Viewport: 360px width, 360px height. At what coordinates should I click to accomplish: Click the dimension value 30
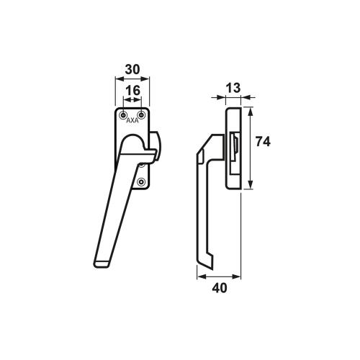[132, 69]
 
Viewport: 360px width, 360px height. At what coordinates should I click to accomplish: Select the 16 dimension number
[132, 90]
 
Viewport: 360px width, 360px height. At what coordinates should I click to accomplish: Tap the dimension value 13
[233, 87]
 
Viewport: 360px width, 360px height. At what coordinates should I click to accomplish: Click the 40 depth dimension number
[220, 288]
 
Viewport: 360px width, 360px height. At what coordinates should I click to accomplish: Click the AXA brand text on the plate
[132, 122]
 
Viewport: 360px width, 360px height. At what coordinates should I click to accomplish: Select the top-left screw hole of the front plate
[125, 114]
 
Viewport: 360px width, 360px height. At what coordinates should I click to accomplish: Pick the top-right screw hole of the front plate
[141, 114]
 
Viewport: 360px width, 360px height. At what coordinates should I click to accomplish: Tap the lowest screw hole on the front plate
[141, 181]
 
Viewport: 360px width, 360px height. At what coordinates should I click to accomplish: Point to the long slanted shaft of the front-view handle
[115, 202]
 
